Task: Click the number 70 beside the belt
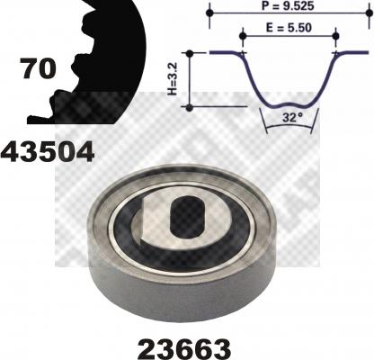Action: (38, 68)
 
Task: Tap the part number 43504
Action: (48, 152)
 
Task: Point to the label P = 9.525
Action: (288, 6)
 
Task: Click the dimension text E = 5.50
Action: (289, 28)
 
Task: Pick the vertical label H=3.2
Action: (174, 79)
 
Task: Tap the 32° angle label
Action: (290, 117)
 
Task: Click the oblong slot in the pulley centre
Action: (187, 217)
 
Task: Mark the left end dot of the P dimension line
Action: (210, 13)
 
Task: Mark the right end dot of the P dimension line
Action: (370, 13)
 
